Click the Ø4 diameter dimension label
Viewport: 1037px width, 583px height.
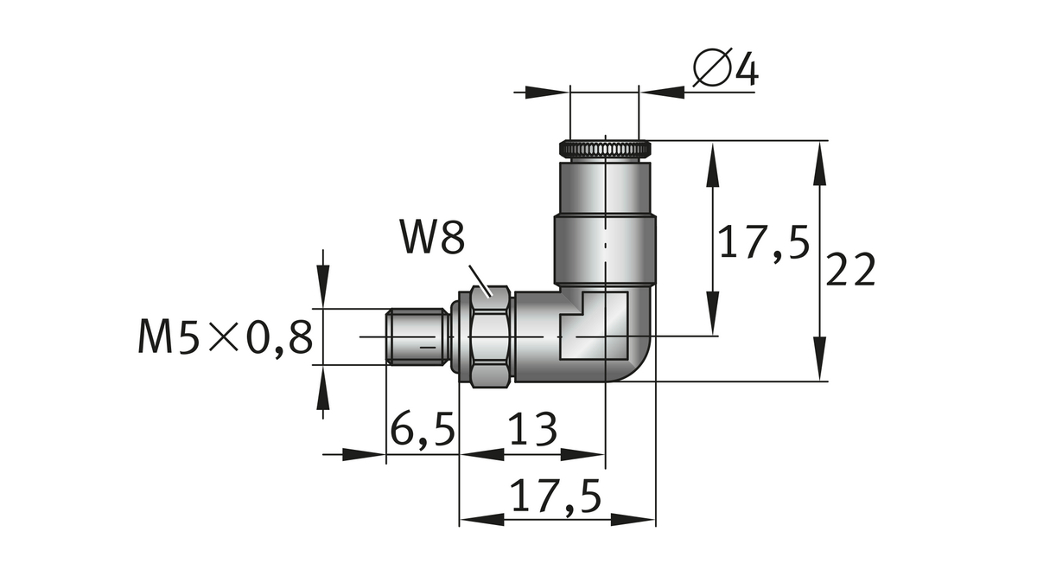[725, 70]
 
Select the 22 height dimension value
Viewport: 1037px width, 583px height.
[851, 271]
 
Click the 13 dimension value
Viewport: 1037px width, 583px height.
[531, 430]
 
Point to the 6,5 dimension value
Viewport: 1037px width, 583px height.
[421, 430]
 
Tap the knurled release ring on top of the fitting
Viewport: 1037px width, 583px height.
[605, 149]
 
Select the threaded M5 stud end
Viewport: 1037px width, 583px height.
[415, 337]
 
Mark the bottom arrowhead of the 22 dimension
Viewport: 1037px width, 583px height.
[818, 360]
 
